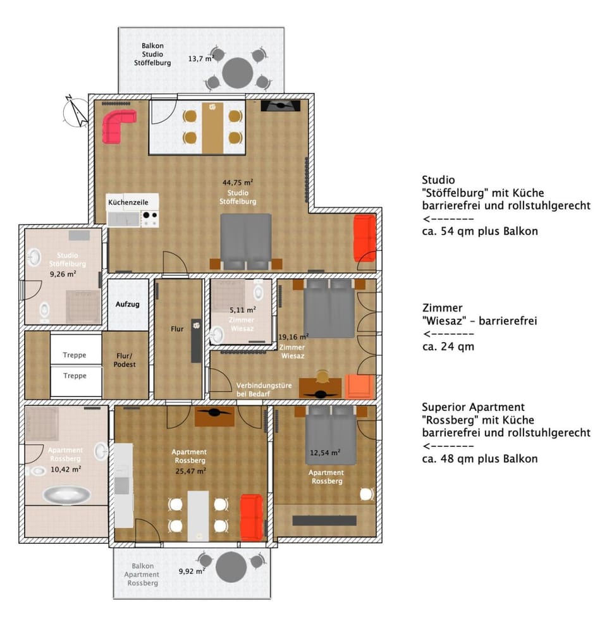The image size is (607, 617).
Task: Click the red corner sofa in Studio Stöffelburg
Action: (x=118, y=126)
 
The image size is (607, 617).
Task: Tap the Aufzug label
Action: (x=127, y=304)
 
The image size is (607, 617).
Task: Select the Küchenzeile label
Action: (x=128, y=202)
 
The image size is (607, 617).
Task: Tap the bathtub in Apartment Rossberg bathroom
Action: (x=66, y=494)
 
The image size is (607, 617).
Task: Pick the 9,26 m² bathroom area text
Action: (x=63, y=274)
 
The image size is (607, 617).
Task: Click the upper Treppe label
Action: (x=75, y=355)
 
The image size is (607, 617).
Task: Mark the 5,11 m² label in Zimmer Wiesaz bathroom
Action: (x=243, y=310)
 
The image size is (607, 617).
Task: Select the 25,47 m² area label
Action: (x=190, y=470)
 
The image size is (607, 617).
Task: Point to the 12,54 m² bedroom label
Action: (x=326, y=452)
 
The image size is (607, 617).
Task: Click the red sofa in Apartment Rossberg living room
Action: (x=251, y=517)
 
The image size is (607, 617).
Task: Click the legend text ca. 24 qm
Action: (x=448, y=346)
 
